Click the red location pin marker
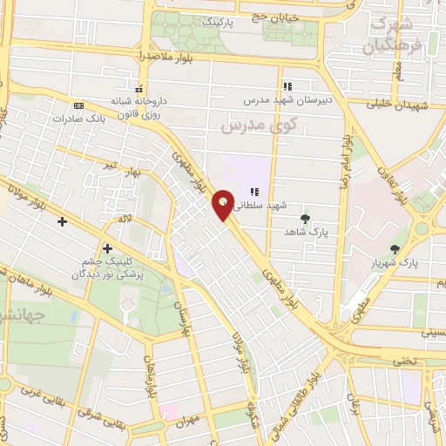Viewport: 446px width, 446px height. pos(223,205)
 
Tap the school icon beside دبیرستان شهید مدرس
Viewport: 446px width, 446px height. pos(287,86)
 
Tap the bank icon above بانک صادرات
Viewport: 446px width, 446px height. pos(79,104)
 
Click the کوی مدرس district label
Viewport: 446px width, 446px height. pos(259,125)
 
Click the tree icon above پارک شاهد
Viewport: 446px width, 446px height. pos(304,219)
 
